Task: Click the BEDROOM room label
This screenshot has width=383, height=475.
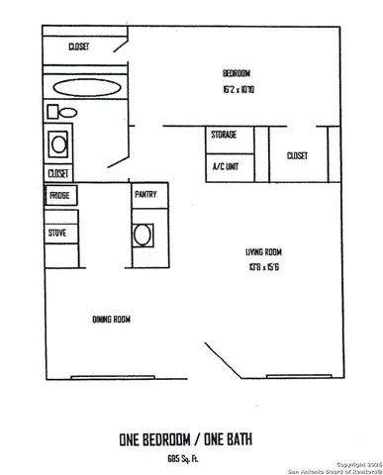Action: point(236,74)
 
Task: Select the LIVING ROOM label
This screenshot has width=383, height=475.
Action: point(265,251)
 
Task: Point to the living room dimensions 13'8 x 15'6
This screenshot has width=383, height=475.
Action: point(265,265)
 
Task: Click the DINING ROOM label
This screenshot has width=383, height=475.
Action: point(112,319)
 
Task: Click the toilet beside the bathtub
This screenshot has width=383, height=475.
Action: point(53,111)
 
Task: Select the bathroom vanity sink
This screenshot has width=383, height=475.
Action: point(59,144)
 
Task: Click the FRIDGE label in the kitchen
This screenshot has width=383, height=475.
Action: point(59,195)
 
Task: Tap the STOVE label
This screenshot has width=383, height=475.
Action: point(58,233)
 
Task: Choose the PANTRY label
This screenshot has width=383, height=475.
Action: point(145,195)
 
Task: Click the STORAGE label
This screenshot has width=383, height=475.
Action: point(222,135)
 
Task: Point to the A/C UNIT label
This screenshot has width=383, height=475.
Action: point(226,165)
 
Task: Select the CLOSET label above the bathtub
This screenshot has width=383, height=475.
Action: point(80,47)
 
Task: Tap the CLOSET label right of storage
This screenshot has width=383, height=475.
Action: point(297,155)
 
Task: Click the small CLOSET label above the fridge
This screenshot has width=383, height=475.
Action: point(58,173)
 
